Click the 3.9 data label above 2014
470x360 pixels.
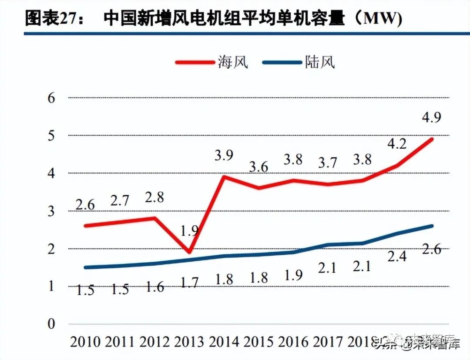(225, 155)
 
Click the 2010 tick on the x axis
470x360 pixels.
(85, 342)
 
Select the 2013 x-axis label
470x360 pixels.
(189, 342)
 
